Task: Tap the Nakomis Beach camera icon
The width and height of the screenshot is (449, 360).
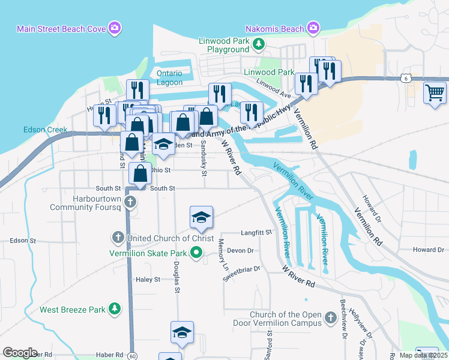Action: (313, 28)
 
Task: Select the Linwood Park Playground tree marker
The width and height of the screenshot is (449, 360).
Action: (258, 43)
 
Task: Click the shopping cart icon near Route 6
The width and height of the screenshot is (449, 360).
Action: (435, 93)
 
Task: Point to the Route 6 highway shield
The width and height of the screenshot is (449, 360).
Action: (406, 78)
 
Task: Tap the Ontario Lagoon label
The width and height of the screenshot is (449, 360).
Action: (169, 77)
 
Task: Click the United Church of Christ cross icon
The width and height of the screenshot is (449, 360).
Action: (118, 238)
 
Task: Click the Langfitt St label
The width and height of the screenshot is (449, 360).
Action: (256, 231)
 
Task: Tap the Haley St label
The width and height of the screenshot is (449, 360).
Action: (148, 280)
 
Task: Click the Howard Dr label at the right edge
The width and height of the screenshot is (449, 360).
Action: (428, 250)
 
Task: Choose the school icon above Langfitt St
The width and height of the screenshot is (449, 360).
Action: (202, 218)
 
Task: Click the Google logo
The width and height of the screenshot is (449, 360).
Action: (20, 353)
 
